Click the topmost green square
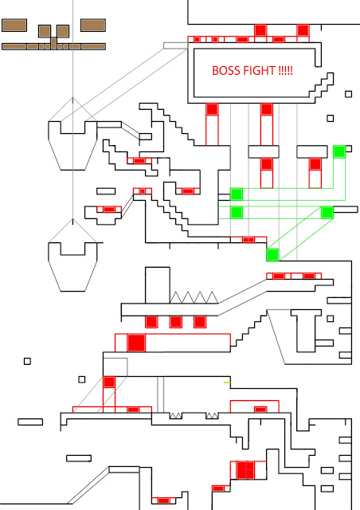click(339, 151)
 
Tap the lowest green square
click(272, 254)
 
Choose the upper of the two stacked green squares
click(237, 194)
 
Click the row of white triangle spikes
click(195, 297)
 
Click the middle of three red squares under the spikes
click(176, 322)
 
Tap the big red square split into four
click(245, 470)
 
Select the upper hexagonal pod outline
click(72, 135)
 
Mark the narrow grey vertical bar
click(160, 394)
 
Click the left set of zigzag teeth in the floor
click(178, 416)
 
